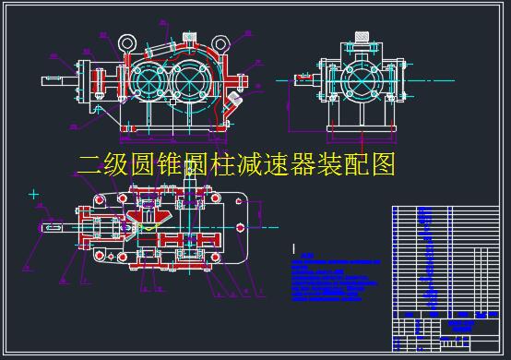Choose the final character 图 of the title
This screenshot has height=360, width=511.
[384, 166]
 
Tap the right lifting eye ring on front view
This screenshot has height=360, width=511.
[222, 42]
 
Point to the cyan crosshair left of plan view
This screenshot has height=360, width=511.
[34, 194]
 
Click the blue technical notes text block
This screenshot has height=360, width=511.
[329, 280]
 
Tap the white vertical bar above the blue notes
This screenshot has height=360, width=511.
[292, 248]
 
